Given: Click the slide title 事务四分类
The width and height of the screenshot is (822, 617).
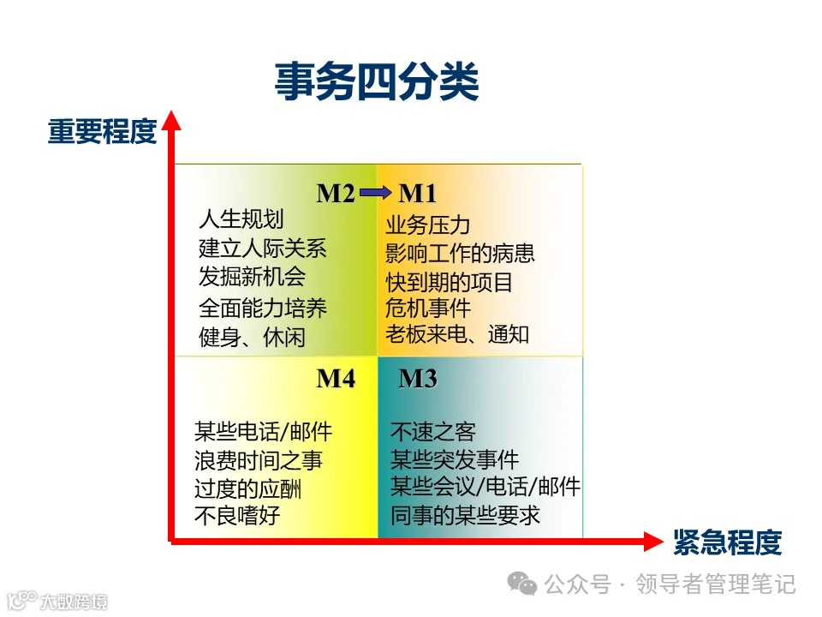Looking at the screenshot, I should click(x=376, y=83).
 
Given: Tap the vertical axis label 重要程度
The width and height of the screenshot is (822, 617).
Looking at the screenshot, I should click(x=102, y=132).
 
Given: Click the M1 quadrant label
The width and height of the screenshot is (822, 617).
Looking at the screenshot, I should click(x=418, y=194).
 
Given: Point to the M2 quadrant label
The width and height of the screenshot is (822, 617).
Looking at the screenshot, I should click(x=336, y=194).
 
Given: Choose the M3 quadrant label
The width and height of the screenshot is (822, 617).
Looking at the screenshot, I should click(x=418, y=378).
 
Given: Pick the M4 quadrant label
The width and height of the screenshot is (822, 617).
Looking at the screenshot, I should click(x=336, y=378).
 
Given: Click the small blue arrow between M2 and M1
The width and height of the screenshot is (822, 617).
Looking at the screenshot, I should click(x=376, y=195).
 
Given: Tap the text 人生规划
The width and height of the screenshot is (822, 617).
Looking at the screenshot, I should click(x=241, y=220).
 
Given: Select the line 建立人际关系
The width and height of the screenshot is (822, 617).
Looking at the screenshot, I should click(x=263, y=249).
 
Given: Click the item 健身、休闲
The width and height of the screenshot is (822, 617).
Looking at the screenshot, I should click(x=252, y=337).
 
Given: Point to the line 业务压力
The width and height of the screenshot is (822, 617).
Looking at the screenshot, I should click(x=428, y=225).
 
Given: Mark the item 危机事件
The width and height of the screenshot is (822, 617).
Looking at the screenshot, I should click(x=428, y=308).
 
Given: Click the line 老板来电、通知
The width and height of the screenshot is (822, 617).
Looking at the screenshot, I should click(x=457, y=334).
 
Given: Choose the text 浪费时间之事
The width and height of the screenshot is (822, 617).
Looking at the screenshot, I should click(x=259, y=460).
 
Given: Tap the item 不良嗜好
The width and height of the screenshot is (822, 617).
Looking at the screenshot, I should click(x=237, y=516).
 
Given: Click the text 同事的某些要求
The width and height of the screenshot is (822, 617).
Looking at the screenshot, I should click(x=465, y=516).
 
